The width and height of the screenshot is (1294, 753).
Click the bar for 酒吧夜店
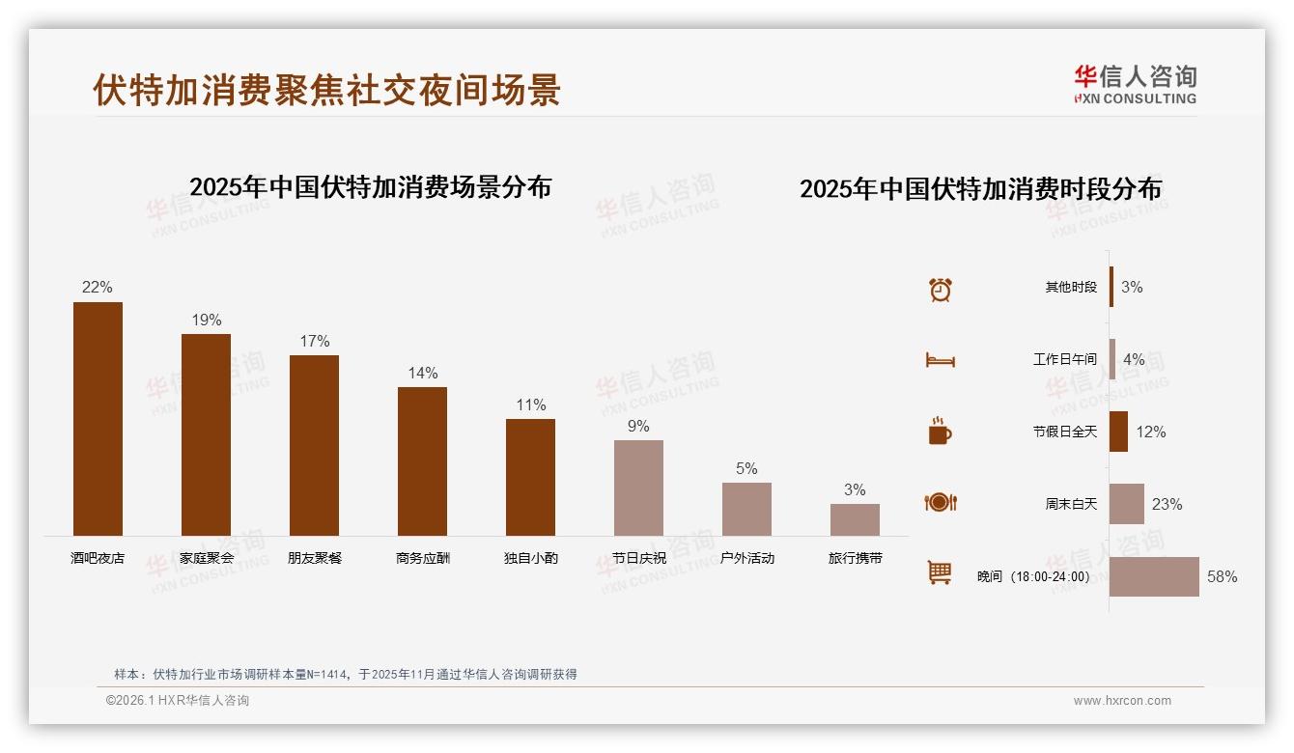(98, 419)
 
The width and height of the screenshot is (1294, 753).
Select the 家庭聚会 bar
(206, 434)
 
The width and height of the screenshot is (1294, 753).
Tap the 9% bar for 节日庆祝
(638, 488)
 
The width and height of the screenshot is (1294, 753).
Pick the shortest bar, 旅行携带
(855, 519)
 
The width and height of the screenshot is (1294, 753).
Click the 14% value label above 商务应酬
(422, 373)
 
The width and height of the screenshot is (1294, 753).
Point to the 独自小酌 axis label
(530, 558)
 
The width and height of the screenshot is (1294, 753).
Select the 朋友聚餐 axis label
(314, 558)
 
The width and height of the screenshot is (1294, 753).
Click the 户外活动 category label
(746, 558)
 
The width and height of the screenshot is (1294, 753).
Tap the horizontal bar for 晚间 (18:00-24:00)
(1154, 576)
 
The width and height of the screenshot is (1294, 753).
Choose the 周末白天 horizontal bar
(1127, 504)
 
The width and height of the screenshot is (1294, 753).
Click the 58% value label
(1222, 576)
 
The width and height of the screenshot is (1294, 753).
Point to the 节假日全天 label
(1064, 432)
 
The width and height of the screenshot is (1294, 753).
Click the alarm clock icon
(940, 289)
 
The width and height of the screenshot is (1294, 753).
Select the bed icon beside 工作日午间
(940, 360)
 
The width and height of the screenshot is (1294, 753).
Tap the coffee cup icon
(940, 432)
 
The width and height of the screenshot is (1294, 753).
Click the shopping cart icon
(940, 572)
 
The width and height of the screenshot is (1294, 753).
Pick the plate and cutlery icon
(940, 502)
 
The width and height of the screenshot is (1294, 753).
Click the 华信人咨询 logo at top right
(1135, 84)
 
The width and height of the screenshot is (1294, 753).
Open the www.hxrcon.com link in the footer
(1122, 701)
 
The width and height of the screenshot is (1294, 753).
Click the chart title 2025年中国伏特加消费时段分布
(980, 188)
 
